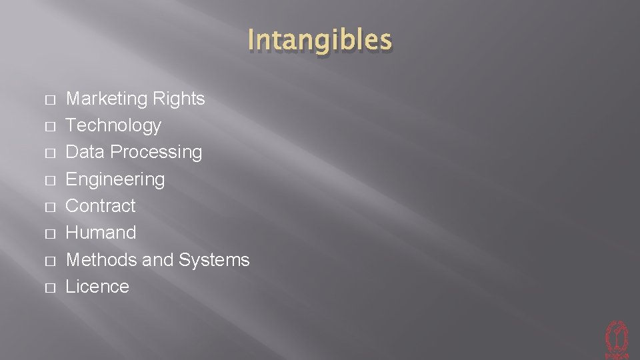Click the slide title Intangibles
point(319,40)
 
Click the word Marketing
point(107,99)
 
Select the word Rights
point(179,99)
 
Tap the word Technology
point(113,125)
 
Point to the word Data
point(85,152)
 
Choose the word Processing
point(156,152)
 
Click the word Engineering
point(115,179)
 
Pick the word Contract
point(100,206)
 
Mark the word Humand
point(101,233)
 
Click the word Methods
point(101,259)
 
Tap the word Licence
point(97,287)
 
